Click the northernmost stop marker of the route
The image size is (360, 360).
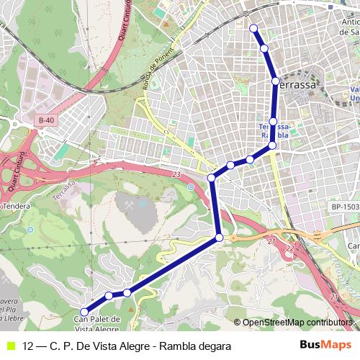click(253, 28)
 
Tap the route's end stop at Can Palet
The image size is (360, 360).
click(84, 312)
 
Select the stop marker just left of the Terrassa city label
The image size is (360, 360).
click(276, 81)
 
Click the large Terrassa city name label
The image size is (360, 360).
click(297, 84)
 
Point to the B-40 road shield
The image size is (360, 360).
click(47, 120)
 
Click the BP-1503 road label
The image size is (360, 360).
click(345, 207)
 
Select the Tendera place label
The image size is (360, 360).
click(20, 207)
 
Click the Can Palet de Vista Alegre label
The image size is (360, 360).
click(96, 323)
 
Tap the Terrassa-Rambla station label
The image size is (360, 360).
click(274, 130)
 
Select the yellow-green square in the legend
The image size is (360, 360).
click(9, 346)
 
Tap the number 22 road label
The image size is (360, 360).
click(290, 248)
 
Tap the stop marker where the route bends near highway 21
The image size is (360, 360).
click(220, 237)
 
